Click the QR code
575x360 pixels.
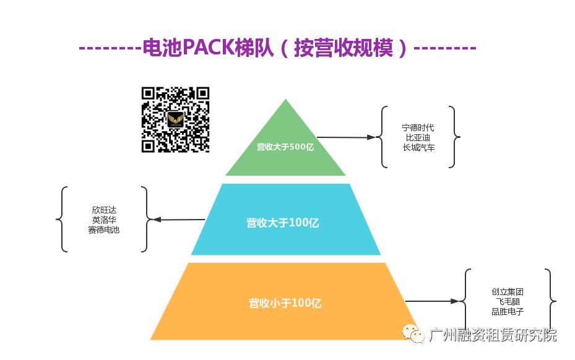click(175, 120)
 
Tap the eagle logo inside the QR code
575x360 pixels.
click(176, 119)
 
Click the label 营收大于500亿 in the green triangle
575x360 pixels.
click(285, 147)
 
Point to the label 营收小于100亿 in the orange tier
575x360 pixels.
click(285, 303)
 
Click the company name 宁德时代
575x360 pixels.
click(418, 127)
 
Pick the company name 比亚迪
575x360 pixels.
click(418, 137)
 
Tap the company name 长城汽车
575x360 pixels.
click(418, 147)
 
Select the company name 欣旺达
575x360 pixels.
click(103, 210)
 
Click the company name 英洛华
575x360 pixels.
click(103, 220)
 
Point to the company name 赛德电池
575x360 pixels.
click(103, 229)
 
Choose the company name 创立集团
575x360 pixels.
click(508, 291)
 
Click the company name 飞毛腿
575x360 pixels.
click(508, 301)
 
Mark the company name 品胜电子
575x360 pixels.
click(508, 311)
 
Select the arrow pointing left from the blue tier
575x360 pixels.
click(179, 220)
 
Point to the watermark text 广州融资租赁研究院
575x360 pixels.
click(493, 335)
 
